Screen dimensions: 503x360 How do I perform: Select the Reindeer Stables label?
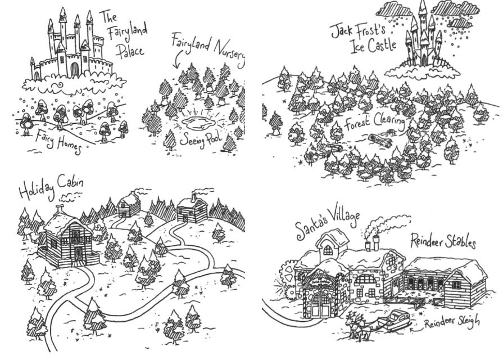pyautogui.click(x=443, y=240)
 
